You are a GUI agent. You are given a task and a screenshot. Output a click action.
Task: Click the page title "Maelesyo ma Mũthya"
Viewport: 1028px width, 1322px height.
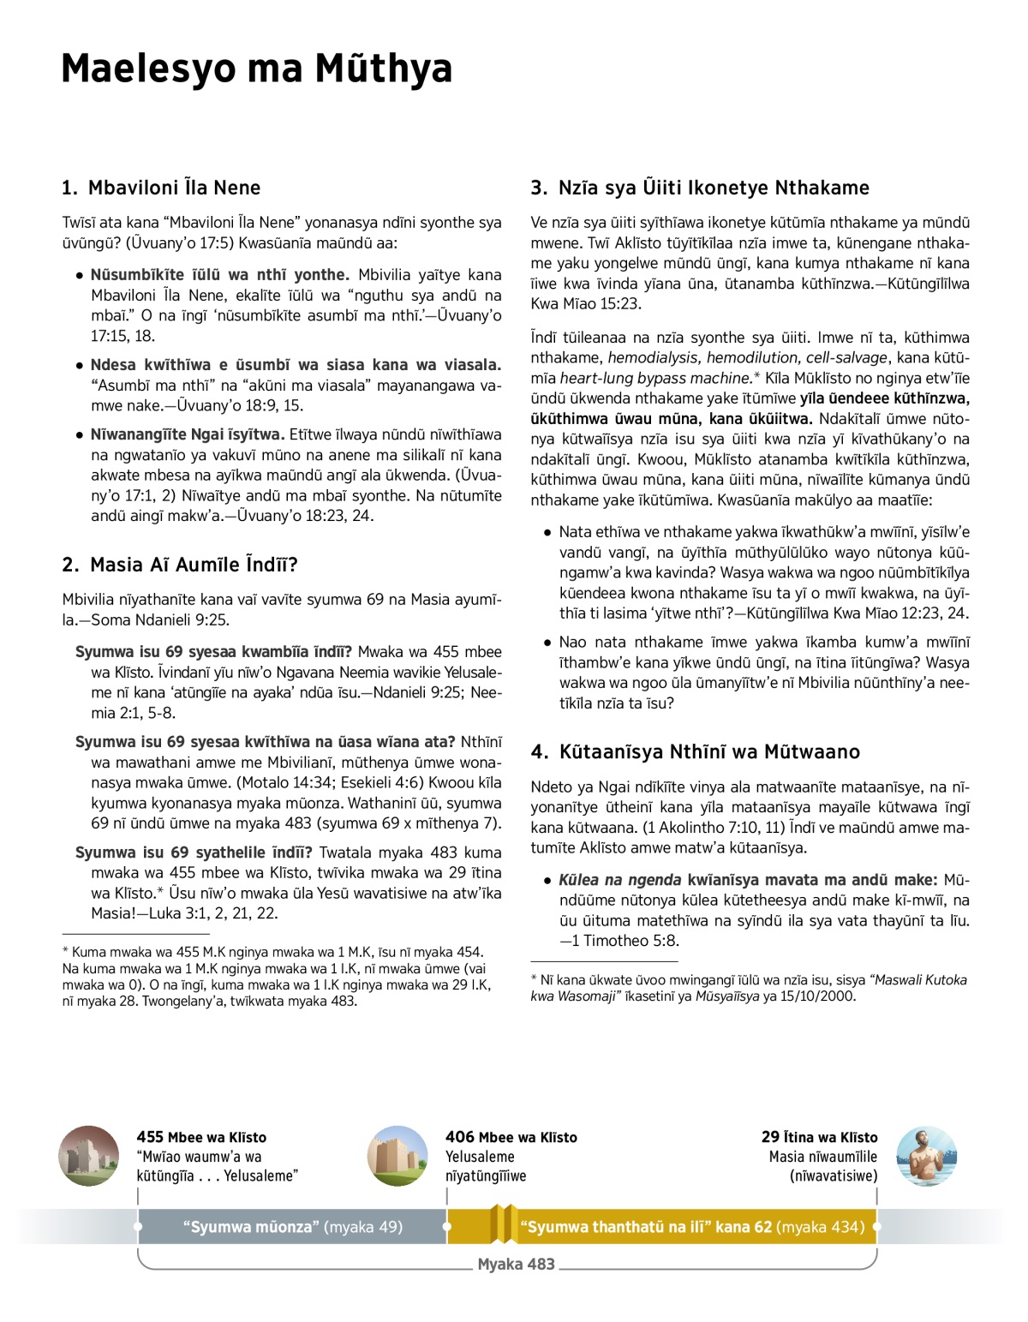click(256, 69)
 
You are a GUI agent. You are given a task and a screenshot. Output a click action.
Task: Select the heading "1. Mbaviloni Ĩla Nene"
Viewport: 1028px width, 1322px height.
click(161, 188)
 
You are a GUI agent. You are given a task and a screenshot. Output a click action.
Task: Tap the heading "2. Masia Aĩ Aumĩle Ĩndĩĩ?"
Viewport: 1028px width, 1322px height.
click(180, 565)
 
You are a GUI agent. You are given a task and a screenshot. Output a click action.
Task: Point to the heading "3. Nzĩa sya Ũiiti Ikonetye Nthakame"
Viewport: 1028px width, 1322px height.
click(700, 188)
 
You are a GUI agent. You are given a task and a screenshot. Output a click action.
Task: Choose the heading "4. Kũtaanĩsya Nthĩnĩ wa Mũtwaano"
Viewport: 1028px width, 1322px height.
click(695, 751)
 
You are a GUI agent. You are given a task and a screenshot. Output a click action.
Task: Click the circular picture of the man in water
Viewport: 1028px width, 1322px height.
click(927, 1156)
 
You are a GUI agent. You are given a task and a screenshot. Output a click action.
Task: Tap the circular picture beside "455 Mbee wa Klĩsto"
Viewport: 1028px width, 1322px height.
click(89, 1156)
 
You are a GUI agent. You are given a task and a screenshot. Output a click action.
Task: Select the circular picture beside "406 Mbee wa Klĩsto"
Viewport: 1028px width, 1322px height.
click(397, 1156)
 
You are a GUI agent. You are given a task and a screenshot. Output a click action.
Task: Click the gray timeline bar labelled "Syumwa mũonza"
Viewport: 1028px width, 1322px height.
click(292, 1227)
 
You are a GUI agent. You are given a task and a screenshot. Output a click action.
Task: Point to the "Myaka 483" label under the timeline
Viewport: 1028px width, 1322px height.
click(516, 1265)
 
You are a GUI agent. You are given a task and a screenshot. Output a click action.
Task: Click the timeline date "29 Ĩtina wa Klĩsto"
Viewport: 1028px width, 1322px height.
click(819, 1137)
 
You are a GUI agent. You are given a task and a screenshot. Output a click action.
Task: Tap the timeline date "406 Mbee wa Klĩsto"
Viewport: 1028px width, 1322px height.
click(511, 1137)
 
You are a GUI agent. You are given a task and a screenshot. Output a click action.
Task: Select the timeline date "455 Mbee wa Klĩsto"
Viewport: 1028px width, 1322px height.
click(201, 1137)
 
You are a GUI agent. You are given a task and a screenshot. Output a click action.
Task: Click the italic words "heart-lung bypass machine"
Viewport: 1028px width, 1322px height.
click(655, 378)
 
